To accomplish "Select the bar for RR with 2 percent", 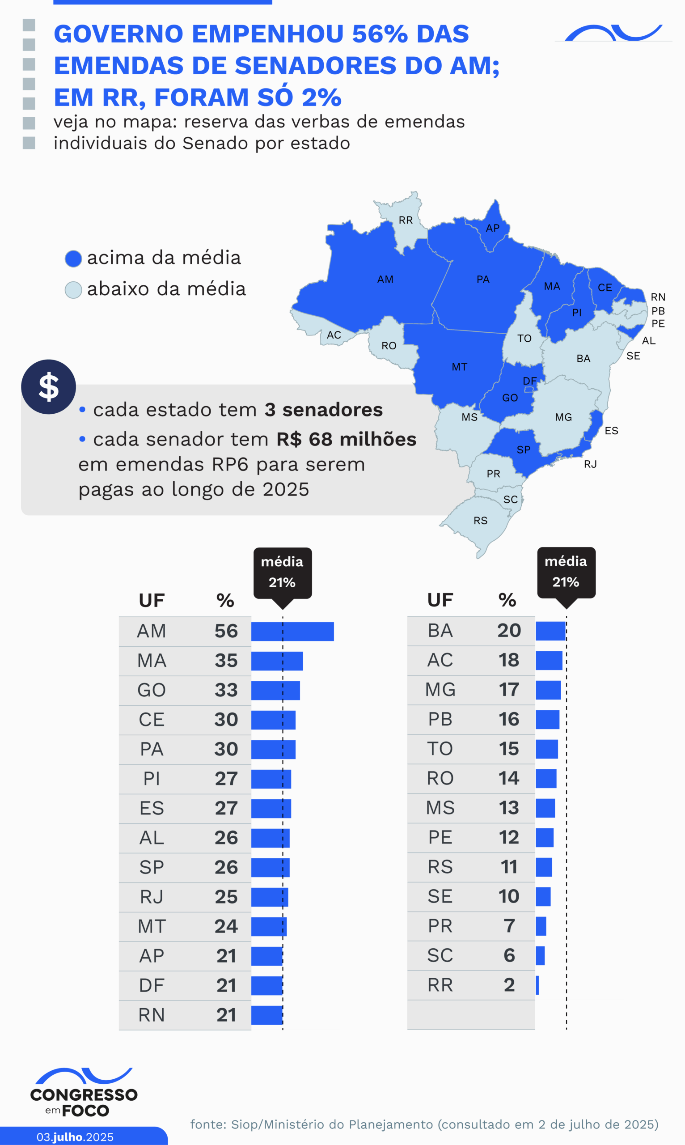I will [x=537, y=985].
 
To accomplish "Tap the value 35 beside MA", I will [x=226, y=661].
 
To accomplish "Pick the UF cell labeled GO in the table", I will [x=152, y=690].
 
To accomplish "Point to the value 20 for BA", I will [x=509, y=631].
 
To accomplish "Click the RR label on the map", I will [x=406, y=220].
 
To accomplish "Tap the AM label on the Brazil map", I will [x=385, y=280].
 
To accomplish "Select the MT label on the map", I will [x=459, y=367].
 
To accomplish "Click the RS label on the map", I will [x=481, y=521].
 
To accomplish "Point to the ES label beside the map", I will [x=611, y=431].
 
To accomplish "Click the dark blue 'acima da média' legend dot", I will [x=73, y=259].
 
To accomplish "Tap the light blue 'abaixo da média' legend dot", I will [x=73, y=290].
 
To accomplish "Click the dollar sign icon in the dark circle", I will [x=48, y=387].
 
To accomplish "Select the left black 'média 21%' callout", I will [x=283, y=572].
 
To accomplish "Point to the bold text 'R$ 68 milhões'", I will [x=346, y=439].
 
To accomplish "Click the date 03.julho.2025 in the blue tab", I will [x=75, y=1137].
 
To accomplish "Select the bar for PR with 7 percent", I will [x=541, y=926].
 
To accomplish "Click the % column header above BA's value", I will [x=507, y=600].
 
